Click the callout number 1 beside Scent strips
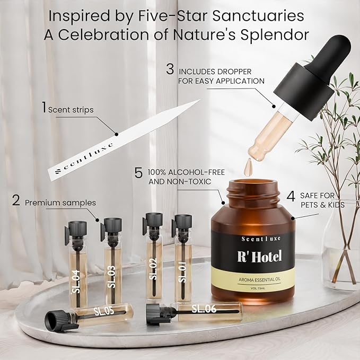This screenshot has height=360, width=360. tap(43, 108)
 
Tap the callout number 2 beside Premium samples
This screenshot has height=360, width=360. tap(16, 201)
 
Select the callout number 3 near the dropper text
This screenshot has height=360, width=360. tap(170, 69)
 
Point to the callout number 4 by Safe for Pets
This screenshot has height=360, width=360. tap(291, 196)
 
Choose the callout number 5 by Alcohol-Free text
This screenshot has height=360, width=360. tap(138, 173)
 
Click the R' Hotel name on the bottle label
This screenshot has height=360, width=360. tap(259, 257)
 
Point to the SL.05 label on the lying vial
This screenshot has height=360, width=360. tap(103, 311)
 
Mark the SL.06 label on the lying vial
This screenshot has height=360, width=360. tap(204, 308)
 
